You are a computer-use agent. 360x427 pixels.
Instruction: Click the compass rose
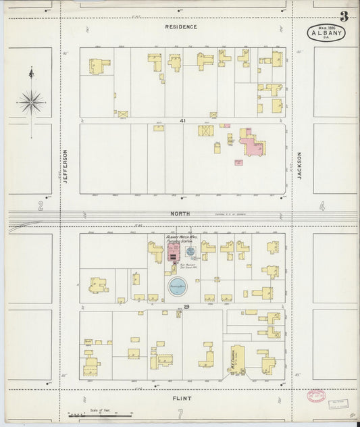pos(31,101)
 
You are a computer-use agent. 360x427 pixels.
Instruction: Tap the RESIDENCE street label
pos(181,27)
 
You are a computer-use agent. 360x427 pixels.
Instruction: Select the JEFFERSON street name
pos(66,166)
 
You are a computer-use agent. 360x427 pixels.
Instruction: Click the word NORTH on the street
pos(180,214)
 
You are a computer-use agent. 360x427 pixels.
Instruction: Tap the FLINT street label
pos(180,399)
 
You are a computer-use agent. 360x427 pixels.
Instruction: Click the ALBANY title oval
pos(326,32)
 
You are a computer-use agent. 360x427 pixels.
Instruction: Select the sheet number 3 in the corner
pos(344,16)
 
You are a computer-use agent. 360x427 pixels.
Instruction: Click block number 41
pos(182,120)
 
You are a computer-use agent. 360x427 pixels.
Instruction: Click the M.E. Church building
pos(237,361)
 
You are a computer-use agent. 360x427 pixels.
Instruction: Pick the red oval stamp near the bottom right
pos(315,397)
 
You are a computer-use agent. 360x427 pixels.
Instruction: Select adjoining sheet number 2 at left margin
pos(41,206)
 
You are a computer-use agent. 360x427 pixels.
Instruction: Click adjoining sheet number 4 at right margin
pos(322,206)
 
